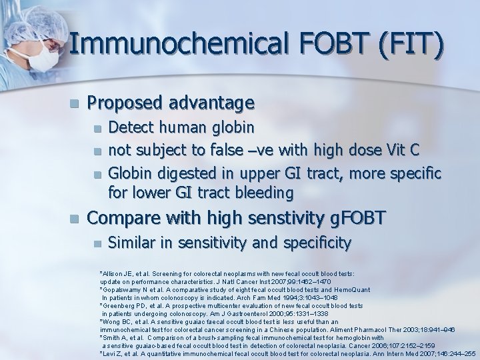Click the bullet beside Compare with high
76,218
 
